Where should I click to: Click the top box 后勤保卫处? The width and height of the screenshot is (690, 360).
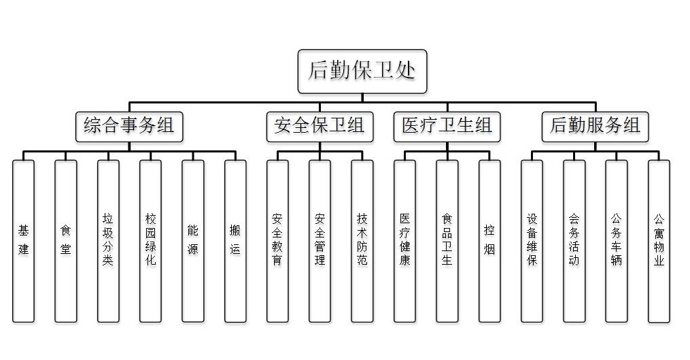(x=362, y=71)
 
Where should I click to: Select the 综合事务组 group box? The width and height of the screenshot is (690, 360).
(x=129, y=127)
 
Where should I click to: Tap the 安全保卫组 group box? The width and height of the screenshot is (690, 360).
(x=320, y=127)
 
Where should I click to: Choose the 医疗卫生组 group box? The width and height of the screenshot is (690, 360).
(x=447, y=127)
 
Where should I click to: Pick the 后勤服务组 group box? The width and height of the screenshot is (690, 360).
(x=595, y=127)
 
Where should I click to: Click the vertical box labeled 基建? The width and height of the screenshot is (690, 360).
(x=24, y=240)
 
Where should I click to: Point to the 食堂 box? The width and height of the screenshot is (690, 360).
(x=66, y=240)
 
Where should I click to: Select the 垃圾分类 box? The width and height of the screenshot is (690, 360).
(x=108, y=240)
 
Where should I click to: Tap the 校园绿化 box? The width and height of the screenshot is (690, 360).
(x=150, y=240)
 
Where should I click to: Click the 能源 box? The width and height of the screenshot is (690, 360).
(x=193, y=240)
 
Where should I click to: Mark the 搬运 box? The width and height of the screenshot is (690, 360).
(x=235, y=240)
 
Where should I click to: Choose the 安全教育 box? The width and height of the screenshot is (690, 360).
(x=277, y=240)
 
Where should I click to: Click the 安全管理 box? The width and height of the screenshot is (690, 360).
(x=320, y=240)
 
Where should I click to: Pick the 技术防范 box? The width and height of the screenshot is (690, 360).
(x=362, y=240)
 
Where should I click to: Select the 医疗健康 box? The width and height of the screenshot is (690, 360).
(x=404, y=240)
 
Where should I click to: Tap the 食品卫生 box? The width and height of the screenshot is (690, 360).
(x=447, y=240)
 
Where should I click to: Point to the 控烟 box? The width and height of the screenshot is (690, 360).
(x=489, y=240)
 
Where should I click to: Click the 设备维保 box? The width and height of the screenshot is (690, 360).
(x=532, y=240)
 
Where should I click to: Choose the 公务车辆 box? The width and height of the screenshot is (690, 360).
(x=617, y=240)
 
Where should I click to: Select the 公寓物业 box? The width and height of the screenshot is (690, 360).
(x=659, y=240)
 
